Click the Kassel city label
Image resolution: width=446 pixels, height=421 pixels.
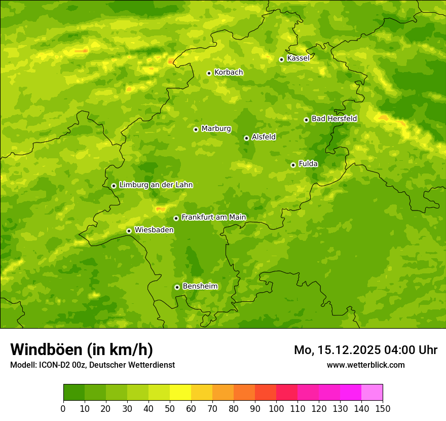click(x=298, y=58)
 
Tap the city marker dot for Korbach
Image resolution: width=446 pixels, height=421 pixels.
click(x=209, y=73)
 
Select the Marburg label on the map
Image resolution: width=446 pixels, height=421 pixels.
click(x=216, y=129)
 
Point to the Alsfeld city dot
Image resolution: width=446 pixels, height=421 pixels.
click(x=246, y=138)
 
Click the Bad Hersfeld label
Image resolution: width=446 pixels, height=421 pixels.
click(x=334, y=119)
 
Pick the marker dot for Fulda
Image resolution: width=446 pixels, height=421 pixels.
click(x=293, y=165)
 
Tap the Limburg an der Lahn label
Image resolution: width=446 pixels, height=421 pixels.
click(x=156, y=185)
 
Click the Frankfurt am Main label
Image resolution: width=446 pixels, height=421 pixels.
click(x=213, y=218)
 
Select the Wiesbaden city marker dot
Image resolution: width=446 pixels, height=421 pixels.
click(x=129, y=231)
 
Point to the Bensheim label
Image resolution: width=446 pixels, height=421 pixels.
click(x=200, y=287)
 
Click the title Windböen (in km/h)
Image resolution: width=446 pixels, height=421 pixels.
click(x=82, y=349)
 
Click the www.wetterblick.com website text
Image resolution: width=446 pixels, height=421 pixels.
click(x=365, y=365)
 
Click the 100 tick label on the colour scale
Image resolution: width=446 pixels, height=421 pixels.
click(x=276, y=408)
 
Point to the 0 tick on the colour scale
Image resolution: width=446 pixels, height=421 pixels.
click(x=63, y=408)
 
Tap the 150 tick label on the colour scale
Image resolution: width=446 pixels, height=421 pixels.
click(x=383, y=408)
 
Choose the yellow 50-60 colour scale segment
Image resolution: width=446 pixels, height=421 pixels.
click(x=180, y=393)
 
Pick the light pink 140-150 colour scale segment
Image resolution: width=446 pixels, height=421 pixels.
click(x=372, y=393)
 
